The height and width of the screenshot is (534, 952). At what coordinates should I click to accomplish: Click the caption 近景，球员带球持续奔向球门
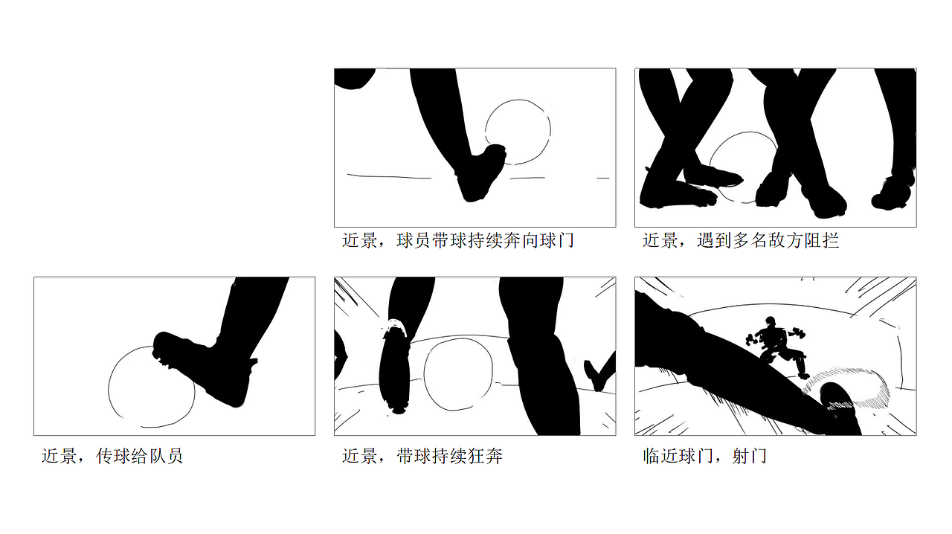point(457,240)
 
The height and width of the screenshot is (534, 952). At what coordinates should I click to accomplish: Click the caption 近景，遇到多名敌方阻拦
point(740,240)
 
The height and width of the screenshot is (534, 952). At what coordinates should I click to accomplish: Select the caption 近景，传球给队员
point(112,456)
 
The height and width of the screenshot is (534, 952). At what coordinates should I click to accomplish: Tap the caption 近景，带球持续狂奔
point(422,456)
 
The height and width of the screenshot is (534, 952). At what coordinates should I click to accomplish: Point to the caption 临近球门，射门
point(704,456)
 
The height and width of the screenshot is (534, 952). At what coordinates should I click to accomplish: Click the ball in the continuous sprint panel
point(458,374)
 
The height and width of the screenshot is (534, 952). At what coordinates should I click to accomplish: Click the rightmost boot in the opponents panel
point(892,197)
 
